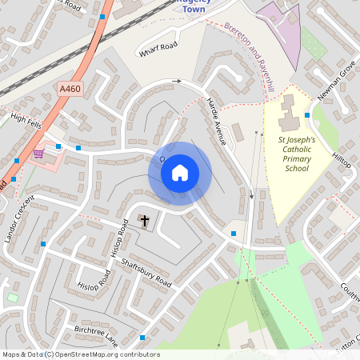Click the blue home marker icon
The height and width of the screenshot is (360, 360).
180,172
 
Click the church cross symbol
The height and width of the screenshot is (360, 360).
145,220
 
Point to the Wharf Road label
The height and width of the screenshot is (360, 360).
157,50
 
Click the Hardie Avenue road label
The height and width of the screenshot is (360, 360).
217,121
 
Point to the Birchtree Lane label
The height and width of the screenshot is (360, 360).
95,333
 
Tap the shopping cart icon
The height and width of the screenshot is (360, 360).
38,153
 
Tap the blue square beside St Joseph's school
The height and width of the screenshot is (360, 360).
307,115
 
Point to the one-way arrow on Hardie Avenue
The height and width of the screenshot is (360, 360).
251,194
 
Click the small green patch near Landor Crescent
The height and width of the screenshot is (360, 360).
12,298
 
